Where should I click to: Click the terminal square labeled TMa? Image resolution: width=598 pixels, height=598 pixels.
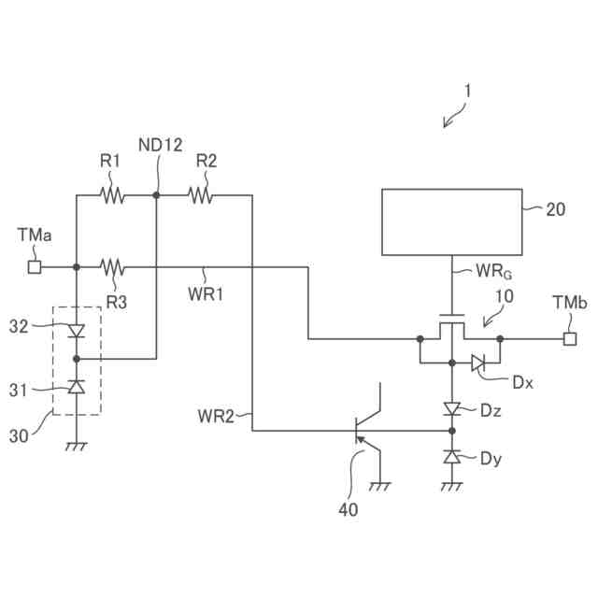click(35, 267)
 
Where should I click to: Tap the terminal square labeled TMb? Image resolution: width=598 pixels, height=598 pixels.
click(570, 338)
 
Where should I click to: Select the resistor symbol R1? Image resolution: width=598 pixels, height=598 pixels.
click(112, 195)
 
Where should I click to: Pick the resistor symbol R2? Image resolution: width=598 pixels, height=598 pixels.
click(201, 195)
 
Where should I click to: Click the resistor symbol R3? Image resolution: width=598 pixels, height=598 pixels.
click(112, 267)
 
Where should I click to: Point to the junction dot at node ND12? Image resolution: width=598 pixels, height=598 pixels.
click(156, 195)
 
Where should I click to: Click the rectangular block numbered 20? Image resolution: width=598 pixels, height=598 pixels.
click(452, 222)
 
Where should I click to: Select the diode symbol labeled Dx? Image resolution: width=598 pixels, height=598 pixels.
click(477, 363)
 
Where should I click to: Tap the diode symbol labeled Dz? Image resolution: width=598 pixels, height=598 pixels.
click(452, 409)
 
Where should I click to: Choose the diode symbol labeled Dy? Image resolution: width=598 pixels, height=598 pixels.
click(452, 456)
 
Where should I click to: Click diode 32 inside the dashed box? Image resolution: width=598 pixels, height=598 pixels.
click(77, 331)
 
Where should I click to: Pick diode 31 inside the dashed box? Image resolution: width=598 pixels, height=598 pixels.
click(77, 387)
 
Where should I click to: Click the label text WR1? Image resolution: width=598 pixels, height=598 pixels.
click(206, 294)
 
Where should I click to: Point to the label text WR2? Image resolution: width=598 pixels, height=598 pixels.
click(216, 416)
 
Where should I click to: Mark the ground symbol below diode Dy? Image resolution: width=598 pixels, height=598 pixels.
click(452, 486)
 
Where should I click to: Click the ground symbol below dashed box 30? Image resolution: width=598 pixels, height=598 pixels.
click(77, 447)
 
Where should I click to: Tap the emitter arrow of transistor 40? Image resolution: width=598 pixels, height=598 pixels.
click(361, 441)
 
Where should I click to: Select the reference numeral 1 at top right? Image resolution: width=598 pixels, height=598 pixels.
click(467, 92)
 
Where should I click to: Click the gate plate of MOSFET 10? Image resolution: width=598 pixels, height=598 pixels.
click(452, 316)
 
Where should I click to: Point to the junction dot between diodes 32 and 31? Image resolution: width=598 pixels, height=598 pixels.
click(77, 359)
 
